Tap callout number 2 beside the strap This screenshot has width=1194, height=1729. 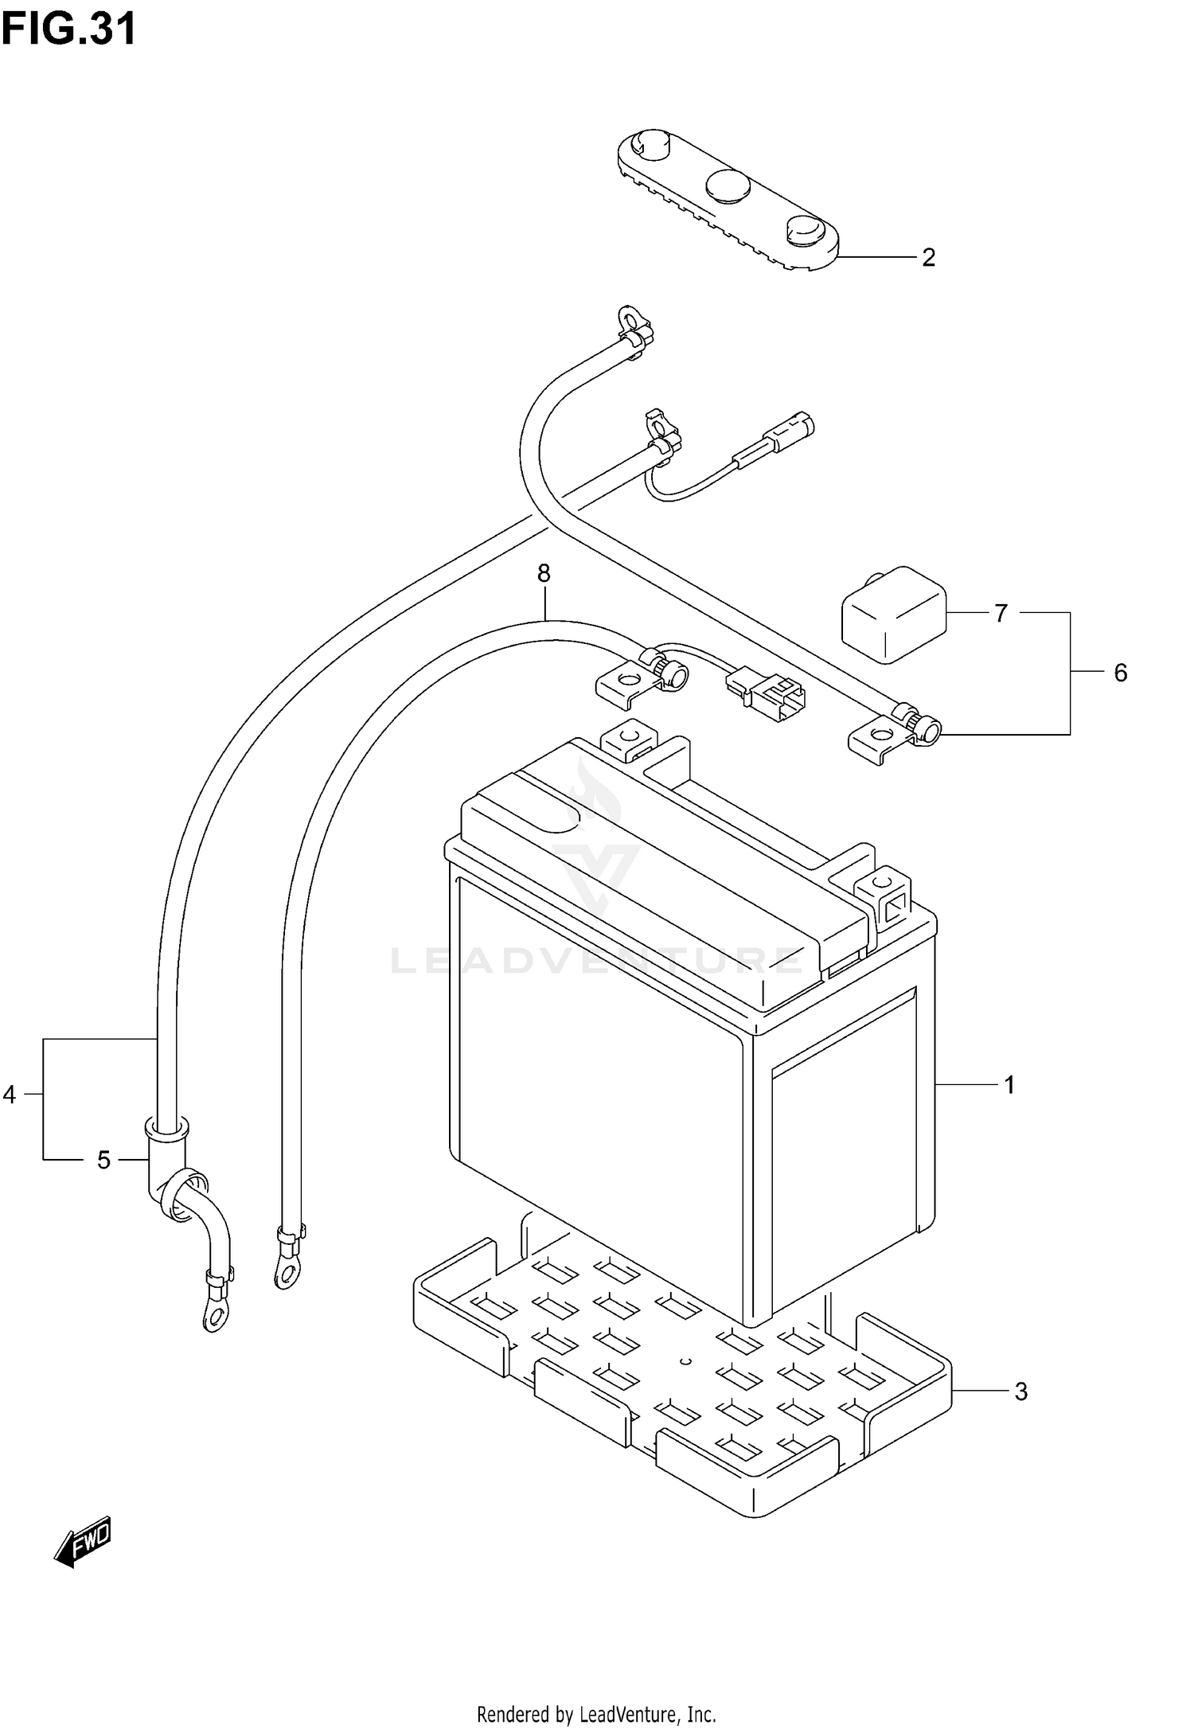[928, 257]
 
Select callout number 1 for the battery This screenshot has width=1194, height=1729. [1009, 1084]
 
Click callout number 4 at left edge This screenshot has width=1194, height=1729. [10, 1095]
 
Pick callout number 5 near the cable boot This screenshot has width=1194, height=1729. [103, 1160]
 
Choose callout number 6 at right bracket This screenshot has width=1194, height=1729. [1120, 673]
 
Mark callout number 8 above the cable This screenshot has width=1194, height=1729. [544, 572]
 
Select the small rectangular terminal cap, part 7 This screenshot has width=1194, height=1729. [894, 614]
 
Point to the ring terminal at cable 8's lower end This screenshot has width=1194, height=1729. [284, 1270]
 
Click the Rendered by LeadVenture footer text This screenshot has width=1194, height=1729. [596, 1713]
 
